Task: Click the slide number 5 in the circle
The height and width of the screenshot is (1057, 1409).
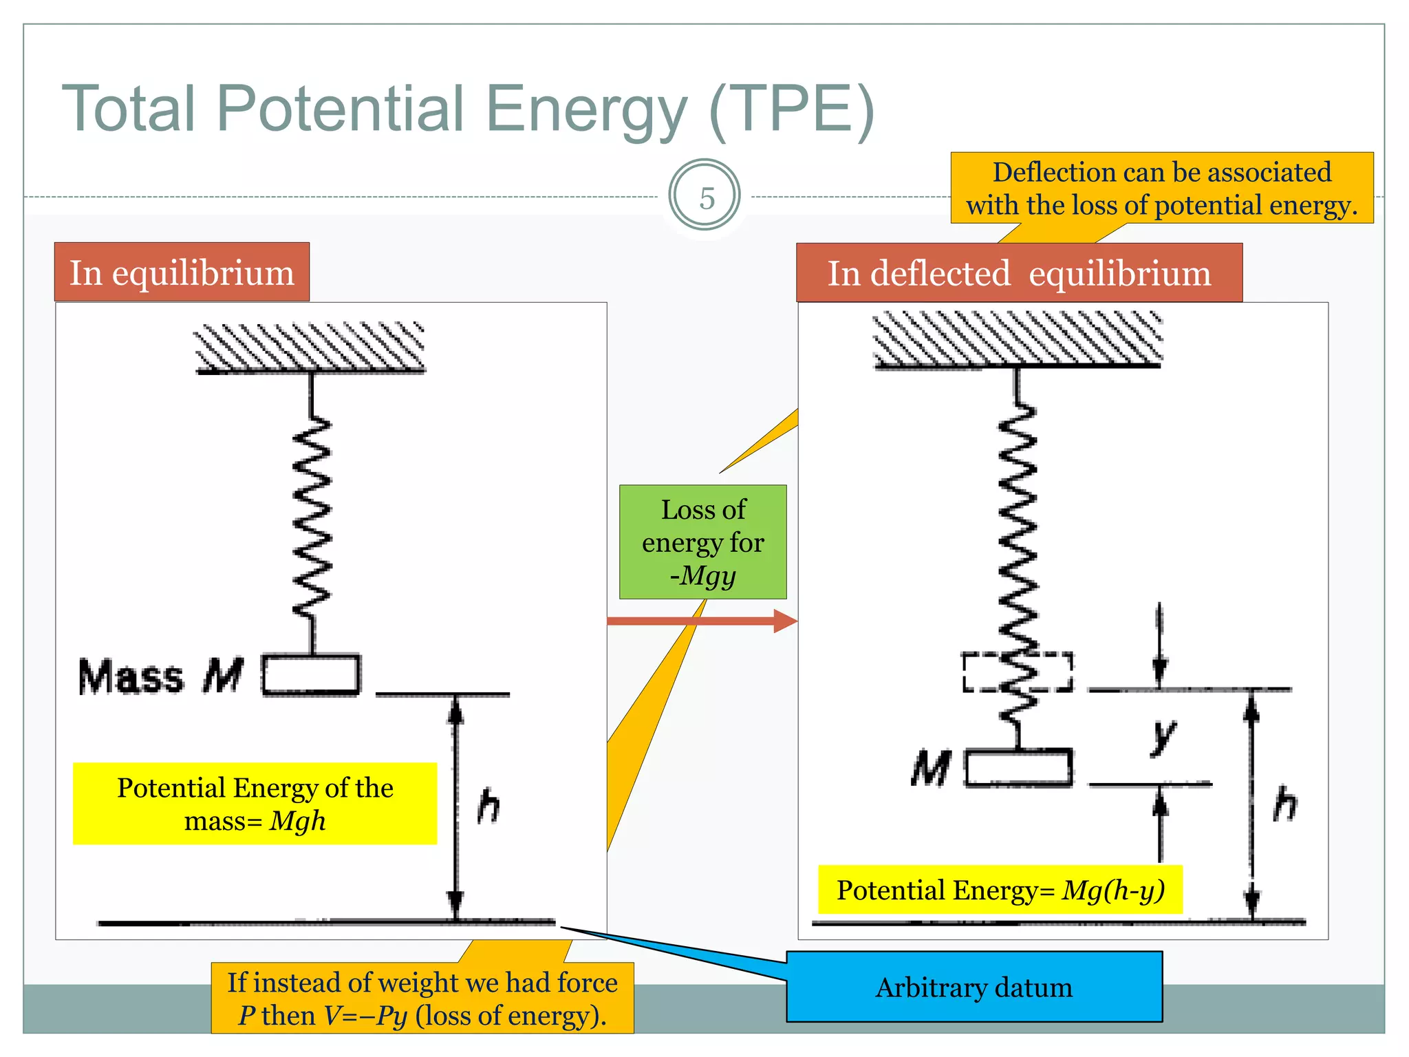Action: pyautogui.click(x=706, y=197)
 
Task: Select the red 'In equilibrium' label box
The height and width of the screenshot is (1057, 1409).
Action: pyautogui.click(x=182, y=273)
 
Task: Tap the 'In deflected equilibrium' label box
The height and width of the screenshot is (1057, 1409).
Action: pyautogui.click(x=1018, y=273)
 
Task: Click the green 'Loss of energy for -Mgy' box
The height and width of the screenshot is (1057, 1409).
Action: pyautogui.click(x=702, y=542)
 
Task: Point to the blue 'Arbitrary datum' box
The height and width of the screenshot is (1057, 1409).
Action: pyautogui.click(x=974, y=987)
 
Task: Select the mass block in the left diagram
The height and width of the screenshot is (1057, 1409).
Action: pyautogui.click(x=312, y=674)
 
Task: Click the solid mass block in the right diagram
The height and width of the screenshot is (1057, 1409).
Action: pyautogui.click(x=1018, y=767)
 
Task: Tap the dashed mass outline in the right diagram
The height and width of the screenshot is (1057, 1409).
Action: pyautogui.click(x=1018, y=672)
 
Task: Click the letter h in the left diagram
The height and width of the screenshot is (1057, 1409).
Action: pyautogui.click(x=488, y=806)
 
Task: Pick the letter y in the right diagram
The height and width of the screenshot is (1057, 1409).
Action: pyautogui.click(x=1163, y=736)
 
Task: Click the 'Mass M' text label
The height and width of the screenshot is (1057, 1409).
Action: pyautogui.click(x=160, y=676)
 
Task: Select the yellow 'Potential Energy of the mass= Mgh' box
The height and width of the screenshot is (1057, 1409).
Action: pyautogui.click(x=255, y=803)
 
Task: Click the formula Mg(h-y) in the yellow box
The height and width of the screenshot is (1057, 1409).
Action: pyautogui.click(x=1112, y=890)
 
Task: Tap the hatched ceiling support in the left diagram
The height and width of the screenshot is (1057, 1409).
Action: pyautogui.click(x=310, y=348)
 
